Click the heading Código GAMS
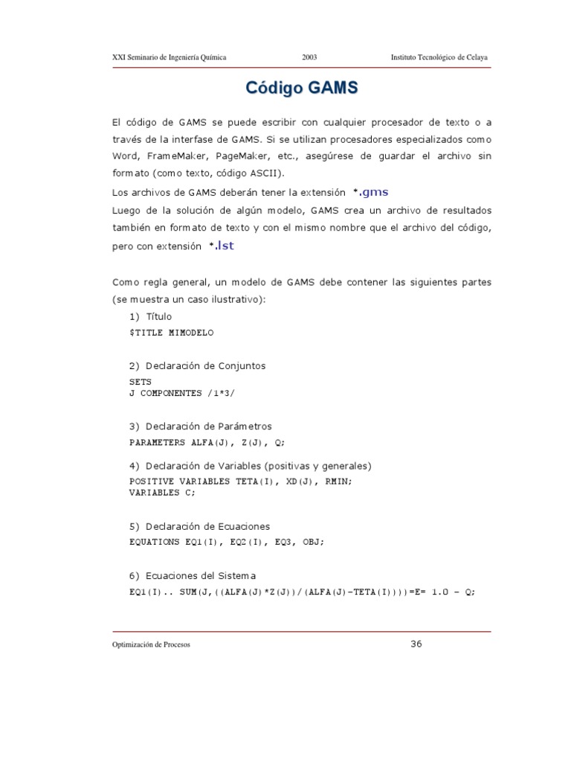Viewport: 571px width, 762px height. tap(302, 89)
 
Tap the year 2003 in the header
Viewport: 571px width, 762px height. tap(310, 58)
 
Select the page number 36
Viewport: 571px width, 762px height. tap(416, 644)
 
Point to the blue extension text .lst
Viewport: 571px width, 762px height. tap(224, 246)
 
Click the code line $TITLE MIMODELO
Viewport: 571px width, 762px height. tap(171, 333)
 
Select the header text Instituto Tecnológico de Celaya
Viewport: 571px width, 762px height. tap(439, 58)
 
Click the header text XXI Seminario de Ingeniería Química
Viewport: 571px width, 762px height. tap(169, 58)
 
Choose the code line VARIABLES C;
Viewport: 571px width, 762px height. tap(163, 493)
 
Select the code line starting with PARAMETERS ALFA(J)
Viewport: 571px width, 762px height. tap(207, 442)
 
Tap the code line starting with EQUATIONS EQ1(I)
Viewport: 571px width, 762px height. tap(227, 542)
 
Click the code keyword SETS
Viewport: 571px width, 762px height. tap(141, 382)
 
